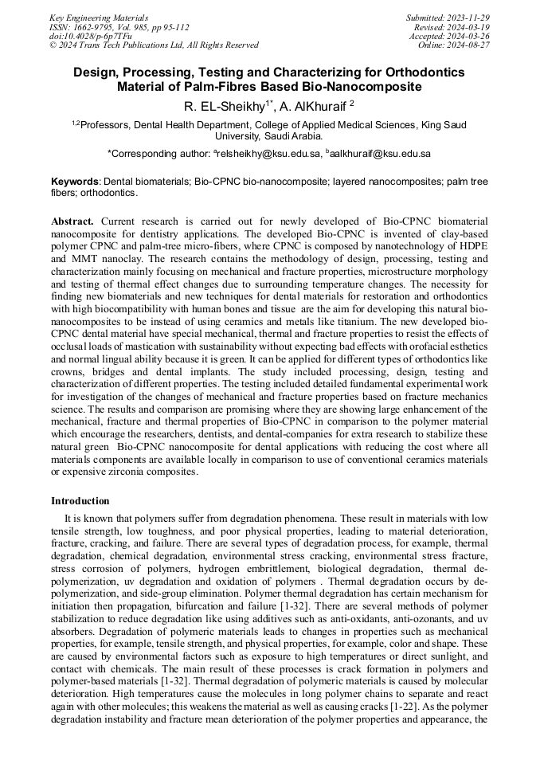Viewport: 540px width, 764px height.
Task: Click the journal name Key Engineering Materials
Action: click(100, 17)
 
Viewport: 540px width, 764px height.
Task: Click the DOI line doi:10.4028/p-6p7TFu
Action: click(90, 36)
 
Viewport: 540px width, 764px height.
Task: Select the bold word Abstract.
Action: click(72, 220)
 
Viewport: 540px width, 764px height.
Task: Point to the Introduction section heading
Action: click(80, 501)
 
